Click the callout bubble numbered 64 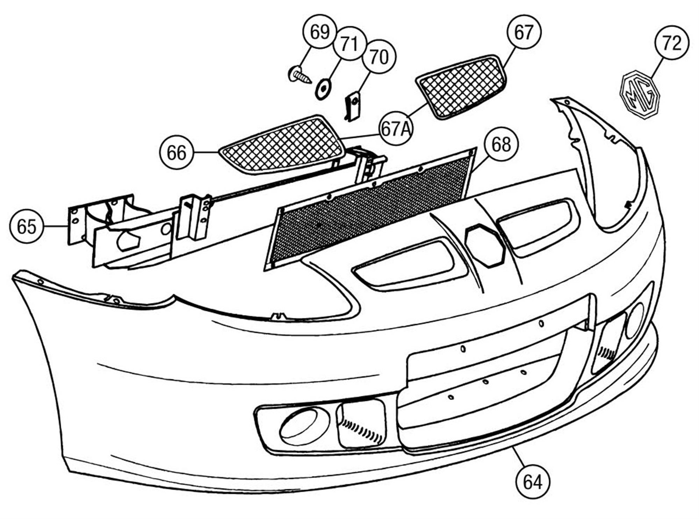(x=533, y=482)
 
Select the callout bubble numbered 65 (x=27, y=227)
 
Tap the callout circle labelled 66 (x=176, y=153)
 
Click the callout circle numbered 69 (x=320, y=32)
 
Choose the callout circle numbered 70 (x=379, y=56)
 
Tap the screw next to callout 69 (x=300, y=74)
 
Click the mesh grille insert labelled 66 (x=282, y=144)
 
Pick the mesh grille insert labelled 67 (x=461, y=87)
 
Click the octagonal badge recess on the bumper (x=485, y=245)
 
